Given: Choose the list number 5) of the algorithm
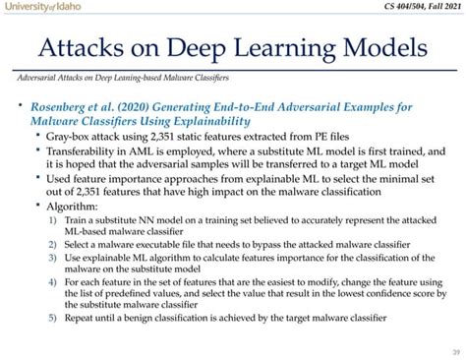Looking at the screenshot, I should tap(52, 318).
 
